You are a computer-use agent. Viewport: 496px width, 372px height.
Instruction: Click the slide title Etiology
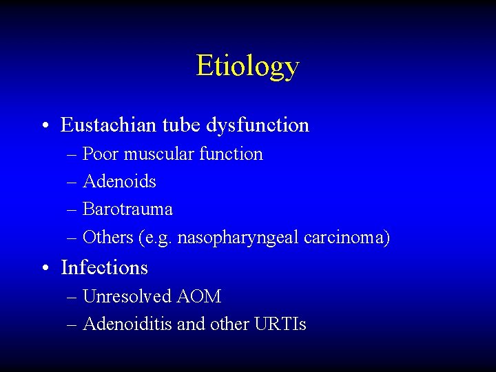(x=247, y=66)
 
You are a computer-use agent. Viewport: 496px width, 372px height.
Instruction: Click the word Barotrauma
(x=127, y=209)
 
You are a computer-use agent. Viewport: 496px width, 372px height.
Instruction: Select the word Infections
(x=104, y=267)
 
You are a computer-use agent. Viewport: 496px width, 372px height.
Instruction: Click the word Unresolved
(x=127, y=296)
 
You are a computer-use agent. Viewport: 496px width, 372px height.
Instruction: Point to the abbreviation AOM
(x=199, y=296)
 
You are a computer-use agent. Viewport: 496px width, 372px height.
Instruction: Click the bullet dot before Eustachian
(x=44, y=126)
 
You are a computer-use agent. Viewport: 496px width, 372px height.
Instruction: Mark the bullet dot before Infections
(x=44, y=268)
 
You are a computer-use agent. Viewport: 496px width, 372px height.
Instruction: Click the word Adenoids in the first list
(x=119, y=181)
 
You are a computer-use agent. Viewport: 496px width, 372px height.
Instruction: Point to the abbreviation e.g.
(x=158, y=238)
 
